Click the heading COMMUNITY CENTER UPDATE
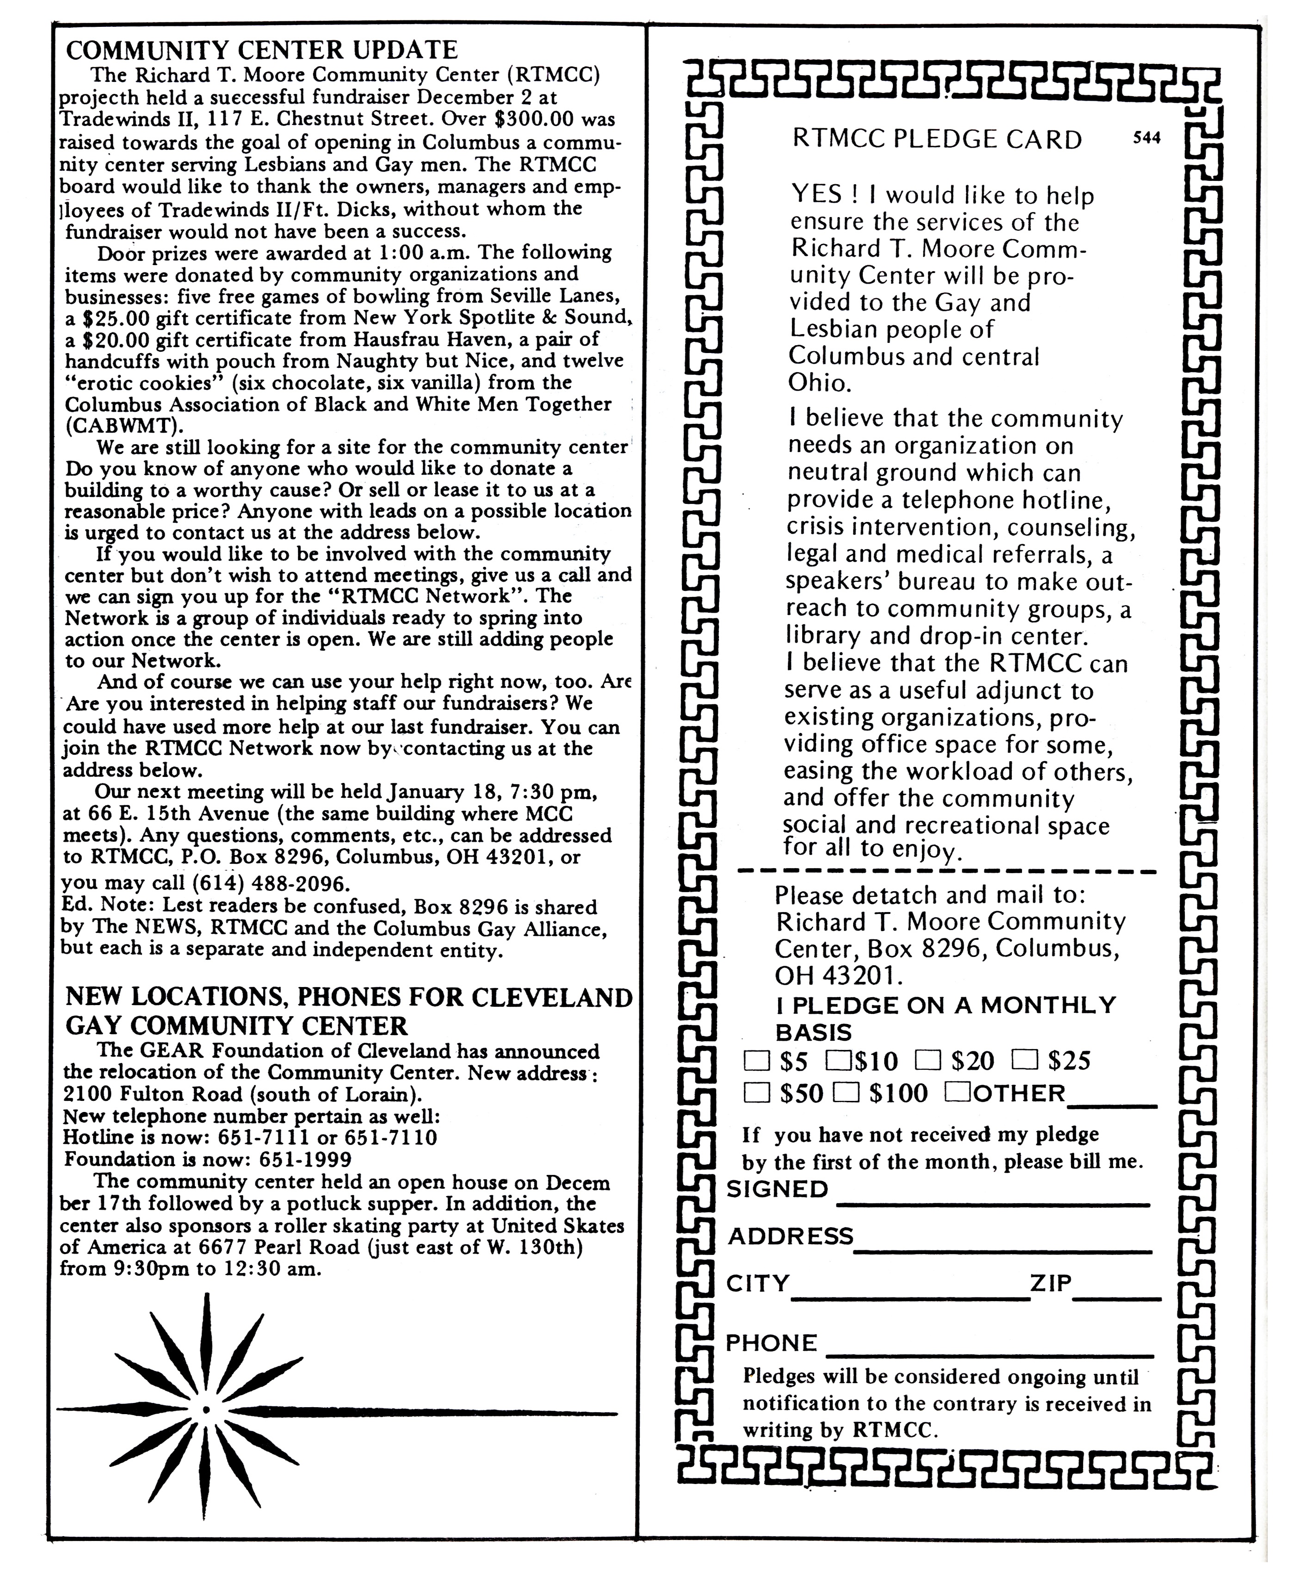[x=262, y=50]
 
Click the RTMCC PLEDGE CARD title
[x=936, y=140]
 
